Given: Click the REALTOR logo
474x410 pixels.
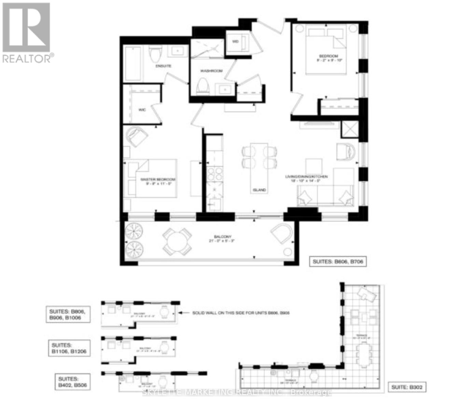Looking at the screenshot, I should tap(27, 32).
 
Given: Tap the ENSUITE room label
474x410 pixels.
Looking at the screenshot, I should tap(163, 66).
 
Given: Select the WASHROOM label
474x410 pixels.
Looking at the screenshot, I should tap(211, 71).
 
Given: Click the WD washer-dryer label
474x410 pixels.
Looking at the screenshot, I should tap(235, 42).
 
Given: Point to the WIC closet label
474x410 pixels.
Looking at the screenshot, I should tap(142, 110).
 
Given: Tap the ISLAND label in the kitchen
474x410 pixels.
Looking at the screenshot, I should tap(259, 190).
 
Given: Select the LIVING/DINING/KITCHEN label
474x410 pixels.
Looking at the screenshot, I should tap(307, 177).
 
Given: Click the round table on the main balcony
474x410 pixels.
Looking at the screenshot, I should tap(177, 242).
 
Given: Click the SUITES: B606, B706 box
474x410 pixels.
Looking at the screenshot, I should tap(338, 262).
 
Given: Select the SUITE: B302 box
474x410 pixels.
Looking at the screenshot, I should tap(406, 387).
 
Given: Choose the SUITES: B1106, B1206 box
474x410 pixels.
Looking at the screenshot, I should tap(69, 348).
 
